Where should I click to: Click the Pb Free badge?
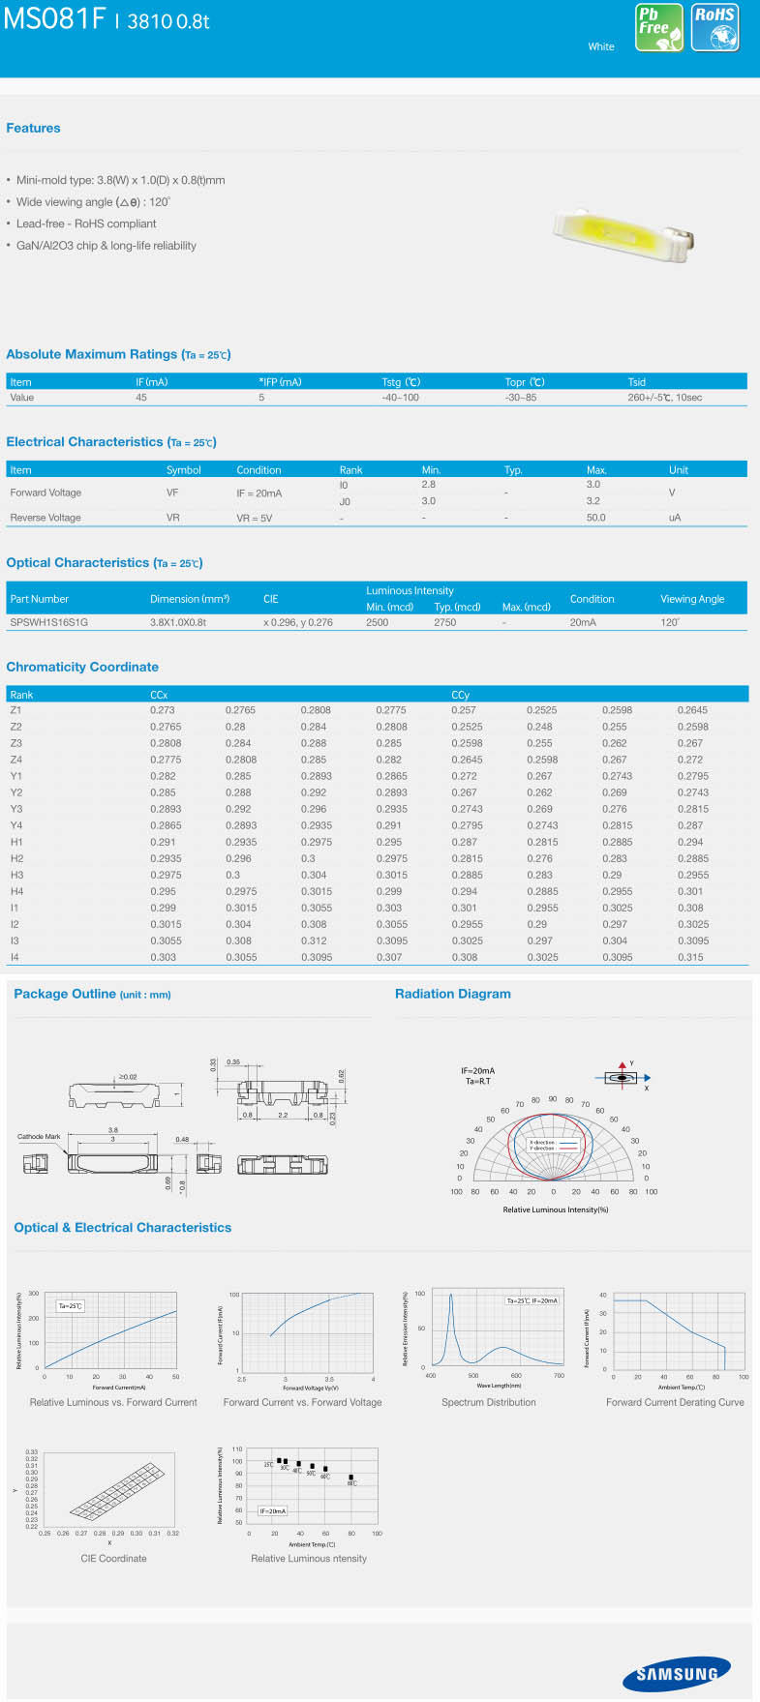point(659,27)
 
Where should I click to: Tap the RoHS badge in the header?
point(715,27)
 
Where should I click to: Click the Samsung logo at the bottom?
point(677,1674)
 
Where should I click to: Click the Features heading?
point(33,128)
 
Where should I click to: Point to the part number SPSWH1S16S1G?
point(49,622)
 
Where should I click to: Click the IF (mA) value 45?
point(141,398)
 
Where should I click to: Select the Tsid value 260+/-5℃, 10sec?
point(664,398)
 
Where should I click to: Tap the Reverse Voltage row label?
point(46,518)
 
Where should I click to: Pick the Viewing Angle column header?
point(692,599)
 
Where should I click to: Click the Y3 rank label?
point(16,809)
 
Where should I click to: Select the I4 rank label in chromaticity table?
point(15,957)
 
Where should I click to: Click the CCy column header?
point(460,695)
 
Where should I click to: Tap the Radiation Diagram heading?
point(452,994)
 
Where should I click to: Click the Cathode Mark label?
point(39,1136)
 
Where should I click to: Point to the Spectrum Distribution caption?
point(488,1402)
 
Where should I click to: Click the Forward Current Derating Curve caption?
point(675,1402)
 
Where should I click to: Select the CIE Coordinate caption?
point(113,1558)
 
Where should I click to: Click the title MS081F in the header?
point(54,19)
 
